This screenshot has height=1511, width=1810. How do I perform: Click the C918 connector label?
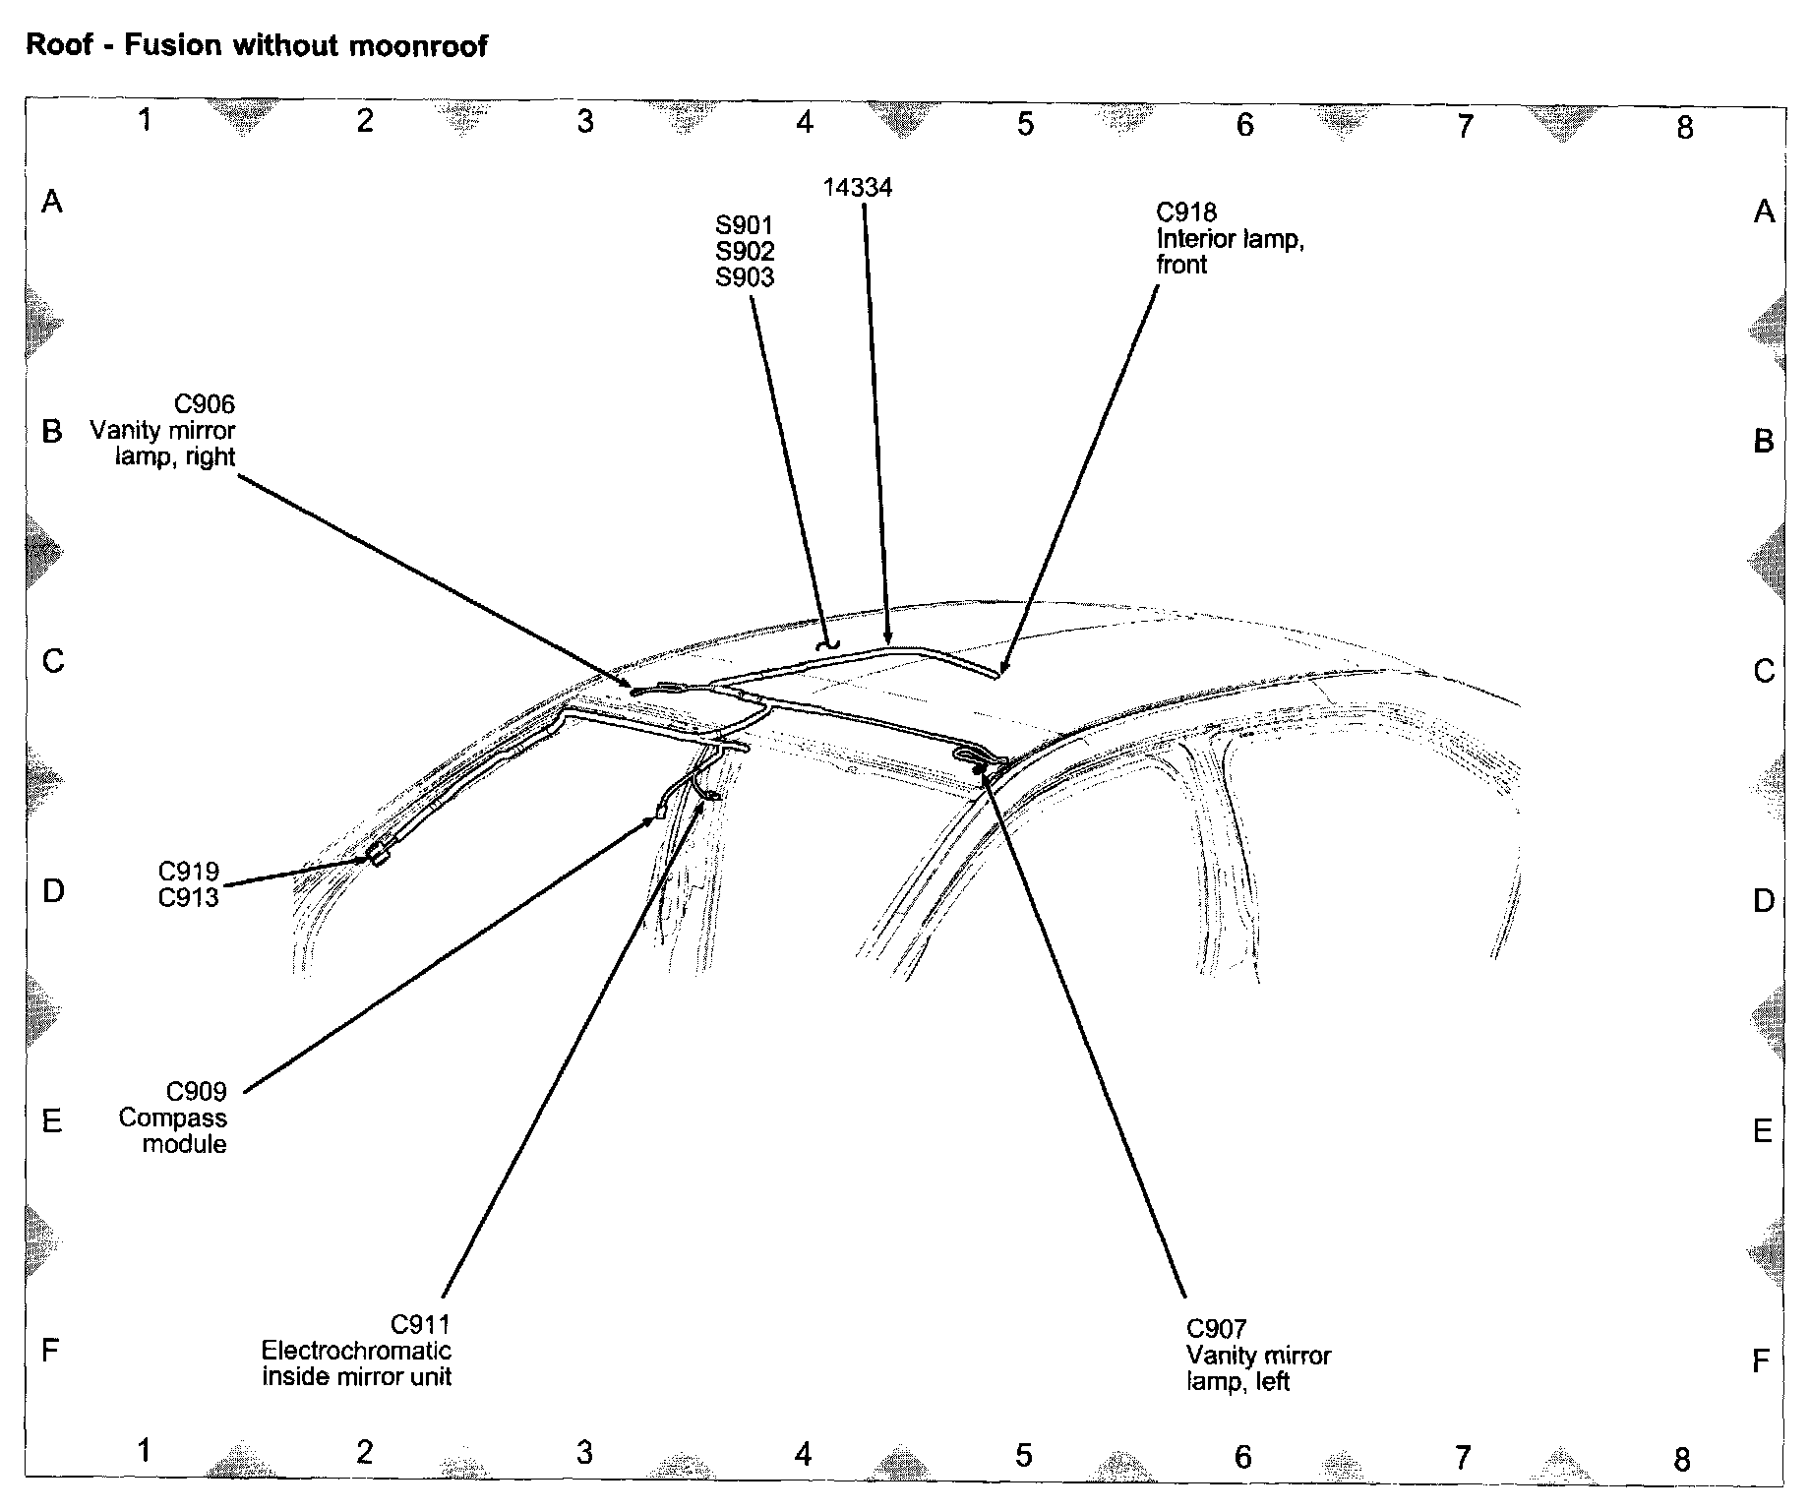pos(1186,212)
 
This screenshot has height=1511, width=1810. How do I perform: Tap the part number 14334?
pos(858,188)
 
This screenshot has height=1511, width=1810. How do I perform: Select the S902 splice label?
pos(745,252)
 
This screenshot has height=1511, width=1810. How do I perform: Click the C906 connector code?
pos(205,404)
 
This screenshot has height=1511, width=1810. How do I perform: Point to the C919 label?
pos(189,872)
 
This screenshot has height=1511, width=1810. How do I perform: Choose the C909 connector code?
pos(197,1092)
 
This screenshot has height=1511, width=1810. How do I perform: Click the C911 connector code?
pos(421,1324)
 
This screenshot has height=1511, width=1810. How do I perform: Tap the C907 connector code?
pos(1217,1330)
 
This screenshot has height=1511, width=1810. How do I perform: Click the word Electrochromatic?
pos(356,1351)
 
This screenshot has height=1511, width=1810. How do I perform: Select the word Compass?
pos(173,1118)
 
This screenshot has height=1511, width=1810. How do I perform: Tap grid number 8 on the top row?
pos(1685,127)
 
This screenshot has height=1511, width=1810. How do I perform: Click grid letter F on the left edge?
pos(51,1350)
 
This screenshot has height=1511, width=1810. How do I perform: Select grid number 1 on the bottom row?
pos(145,1450)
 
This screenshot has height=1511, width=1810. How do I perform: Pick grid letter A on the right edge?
pos(1764,211)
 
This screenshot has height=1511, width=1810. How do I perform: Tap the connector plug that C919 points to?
pos(380,856)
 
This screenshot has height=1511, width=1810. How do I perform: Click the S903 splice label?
pos(745,278)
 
